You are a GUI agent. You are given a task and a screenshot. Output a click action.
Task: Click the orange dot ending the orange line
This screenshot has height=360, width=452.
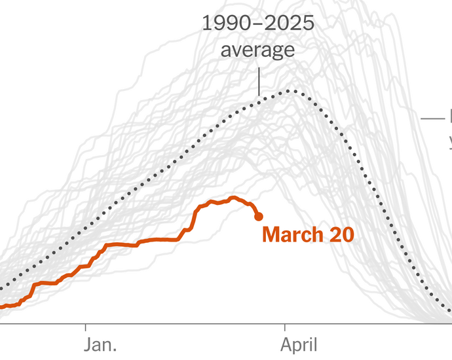pos(258,216)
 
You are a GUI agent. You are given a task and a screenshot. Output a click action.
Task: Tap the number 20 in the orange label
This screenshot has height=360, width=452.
pos(341,235)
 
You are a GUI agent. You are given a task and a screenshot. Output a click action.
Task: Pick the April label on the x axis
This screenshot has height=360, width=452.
pos(299,344)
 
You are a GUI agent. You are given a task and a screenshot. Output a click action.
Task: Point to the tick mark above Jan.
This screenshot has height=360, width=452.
pos(86,325)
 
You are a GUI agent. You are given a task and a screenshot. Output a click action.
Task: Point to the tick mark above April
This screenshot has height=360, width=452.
pos(286,325)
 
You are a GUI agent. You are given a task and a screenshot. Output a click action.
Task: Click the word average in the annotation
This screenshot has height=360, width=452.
pos(258,50)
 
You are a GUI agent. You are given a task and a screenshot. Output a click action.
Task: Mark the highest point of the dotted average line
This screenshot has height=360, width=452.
pos(288,90)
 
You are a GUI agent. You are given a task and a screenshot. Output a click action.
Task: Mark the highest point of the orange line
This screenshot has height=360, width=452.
pos(233,197)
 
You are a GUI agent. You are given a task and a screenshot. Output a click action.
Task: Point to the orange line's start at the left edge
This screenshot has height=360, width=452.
pos(2,306)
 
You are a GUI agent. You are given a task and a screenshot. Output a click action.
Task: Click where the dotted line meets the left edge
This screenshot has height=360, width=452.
pos(1,287)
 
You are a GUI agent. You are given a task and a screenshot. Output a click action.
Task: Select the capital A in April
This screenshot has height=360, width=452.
pos(287,344)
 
